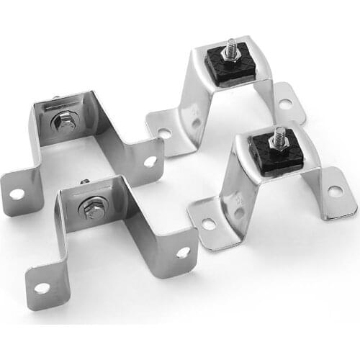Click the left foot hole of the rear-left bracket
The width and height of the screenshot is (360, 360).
[16, 193]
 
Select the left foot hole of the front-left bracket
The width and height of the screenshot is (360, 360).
[42, 287]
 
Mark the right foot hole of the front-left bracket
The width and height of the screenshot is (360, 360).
[183, 252]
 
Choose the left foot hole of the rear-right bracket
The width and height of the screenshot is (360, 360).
[165, 134]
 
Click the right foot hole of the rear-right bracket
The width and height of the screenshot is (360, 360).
[285, 104]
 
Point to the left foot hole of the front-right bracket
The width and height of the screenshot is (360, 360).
[208, 224]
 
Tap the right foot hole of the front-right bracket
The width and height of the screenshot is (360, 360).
[335, 191]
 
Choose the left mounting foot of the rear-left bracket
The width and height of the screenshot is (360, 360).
[18, 191]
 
